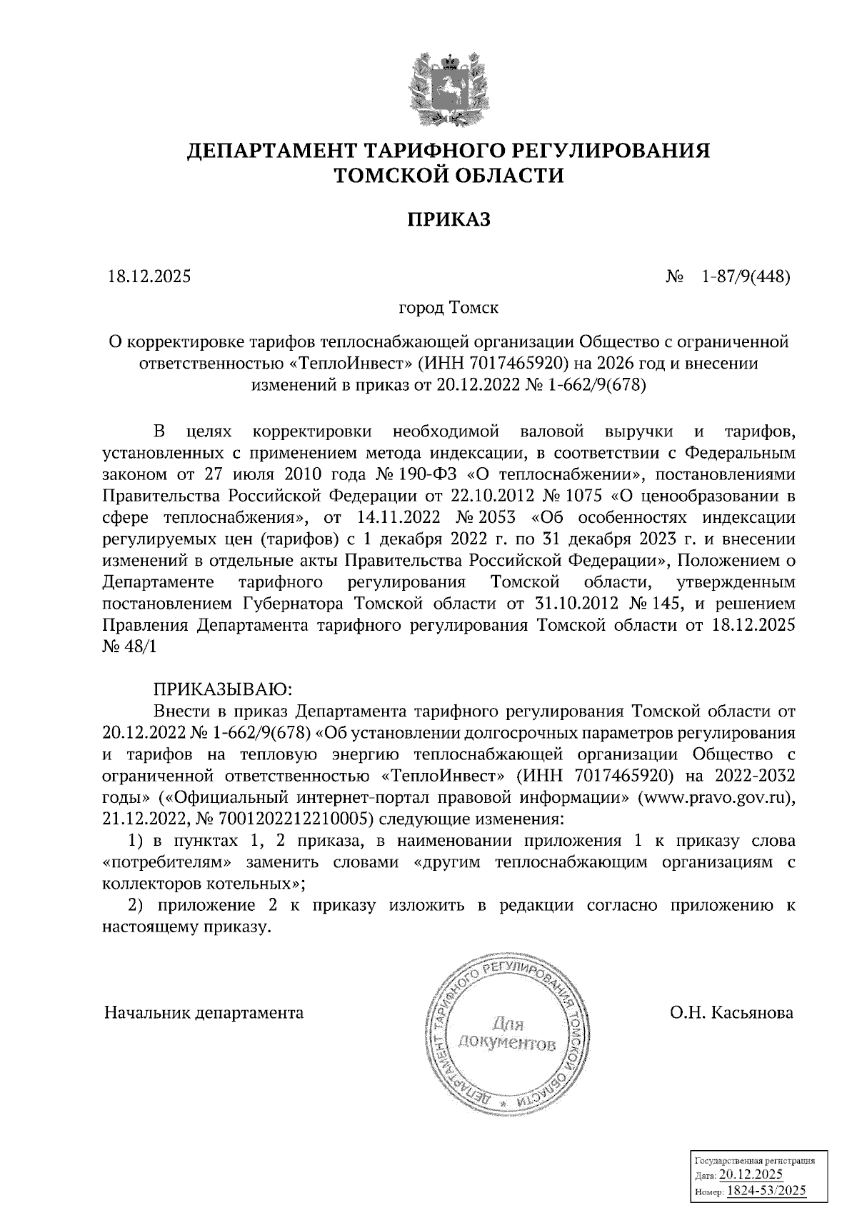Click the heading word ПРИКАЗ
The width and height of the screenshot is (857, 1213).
click(449, 219)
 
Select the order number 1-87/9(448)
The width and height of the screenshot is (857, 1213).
click(746, 276)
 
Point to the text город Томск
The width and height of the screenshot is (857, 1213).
click(448, 309)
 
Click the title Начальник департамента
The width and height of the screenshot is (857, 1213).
click(204, 1012)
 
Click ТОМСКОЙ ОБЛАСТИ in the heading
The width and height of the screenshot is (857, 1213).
click(449, 175)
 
